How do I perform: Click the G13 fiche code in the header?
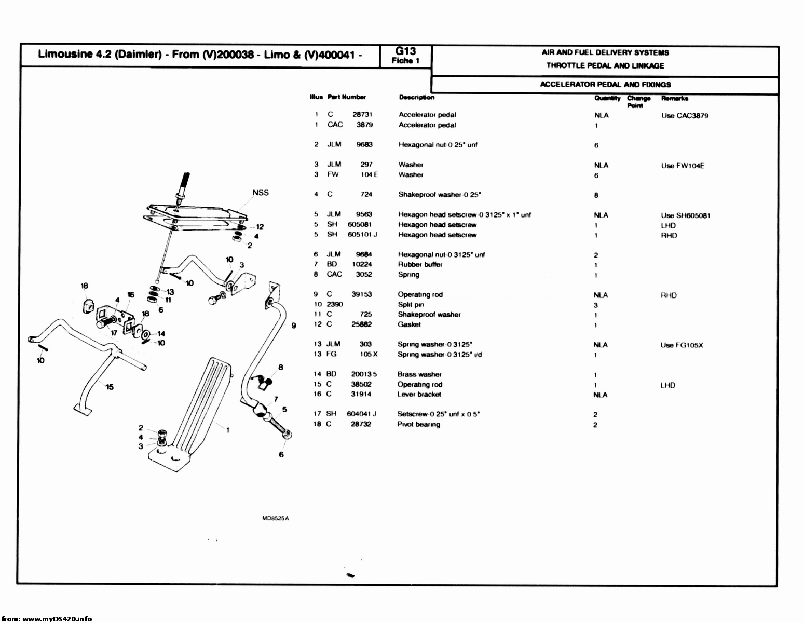pyautogui.click(x=405, y=51)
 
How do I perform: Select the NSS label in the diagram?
pyautogui.click(x=261, y=193)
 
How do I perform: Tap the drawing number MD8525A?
pyautogui.click(x=276, y=518)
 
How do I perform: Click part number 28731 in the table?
pyautogui.click(x=362, y=115)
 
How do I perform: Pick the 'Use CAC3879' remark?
pyautogui.click(x=685, y=116)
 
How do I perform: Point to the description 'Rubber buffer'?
pyautogui.click(x=420, y=265)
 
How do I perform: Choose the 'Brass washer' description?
pyautogui.click(x=419, y=374)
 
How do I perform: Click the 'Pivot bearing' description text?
pyautogui.click(x=418, y=424)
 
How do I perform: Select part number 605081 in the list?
pyautogui.click(x=359, y=225)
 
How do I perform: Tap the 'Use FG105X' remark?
pyautogui.click(x=682, y=346)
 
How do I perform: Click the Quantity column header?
pyautogui.click(x=607, y=99)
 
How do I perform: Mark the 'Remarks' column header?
pyautogui.click(x=675, y=99)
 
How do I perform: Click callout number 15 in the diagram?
pyautogui.click(x=110, y=387)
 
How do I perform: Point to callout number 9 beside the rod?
pyautogui.click(x=294, y=326)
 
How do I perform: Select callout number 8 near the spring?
pyautogui.click(x=281, y=368)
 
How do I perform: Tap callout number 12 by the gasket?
pyautogui.click(x=260, y=227)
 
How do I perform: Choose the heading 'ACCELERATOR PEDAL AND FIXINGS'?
pyautogui.click(x=605, y=85)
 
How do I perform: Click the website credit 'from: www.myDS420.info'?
pyautogui.click(x=47, y=619)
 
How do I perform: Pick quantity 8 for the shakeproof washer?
pyautogui.click(x=596, y=195)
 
